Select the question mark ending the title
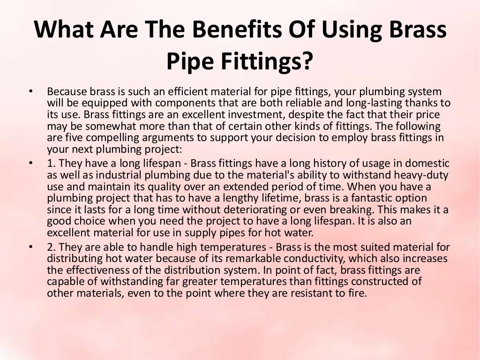tap(306, 61)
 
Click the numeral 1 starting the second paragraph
tap(50, 164)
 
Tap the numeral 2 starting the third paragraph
tap(50, 247)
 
